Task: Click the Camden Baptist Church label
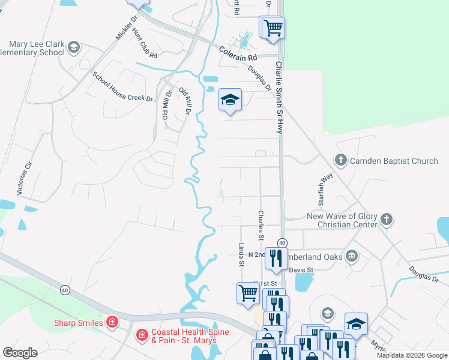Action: [x=394, y=161]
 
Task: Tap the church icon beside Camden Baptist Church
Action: [x=341, y=160]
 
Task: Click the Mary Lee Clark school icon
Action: [x=74, y=47]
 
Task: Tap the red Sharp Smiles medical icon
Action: [x=112, y=322]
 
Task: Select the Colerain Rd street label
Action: [x=237, y=53]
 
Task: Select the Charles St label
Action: [x=261, y=225]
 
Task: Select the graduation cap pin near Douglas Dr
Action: [x=230, y=100]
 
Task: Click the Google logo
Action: [x=20, y=353]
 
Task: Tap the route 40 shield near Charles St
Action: [x=282, y=242]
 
